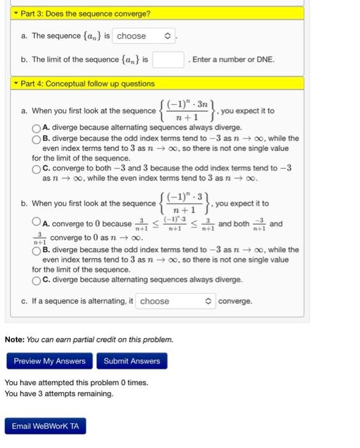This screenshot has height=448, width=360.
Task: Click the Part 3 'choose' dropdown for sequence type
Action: (x=144, y=36)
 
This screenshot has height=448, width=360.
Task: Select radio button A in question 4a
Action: (x=36, y=127)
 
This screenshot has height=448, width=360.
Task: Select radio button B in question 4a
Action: (x=36, y=138)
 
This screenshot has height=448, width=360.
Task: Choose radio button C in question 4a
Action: (x=36, y=169)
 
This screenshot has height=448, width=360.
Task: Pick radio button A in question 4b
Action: (x=36, y=223)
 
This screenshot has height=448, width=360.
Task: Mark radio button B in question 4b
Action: (x=36, y=250)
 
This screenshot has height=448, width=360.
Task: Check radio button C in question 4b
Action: (x=36, y=280)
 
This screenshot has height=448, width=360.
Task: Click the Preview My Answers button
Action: (x=49, y=361)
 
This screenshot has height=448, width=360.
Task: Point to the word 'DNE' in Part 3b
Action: (x=264, y=60)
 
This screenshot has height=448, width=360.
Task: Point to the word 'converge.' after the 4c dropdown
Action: (x=235, y=301)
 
